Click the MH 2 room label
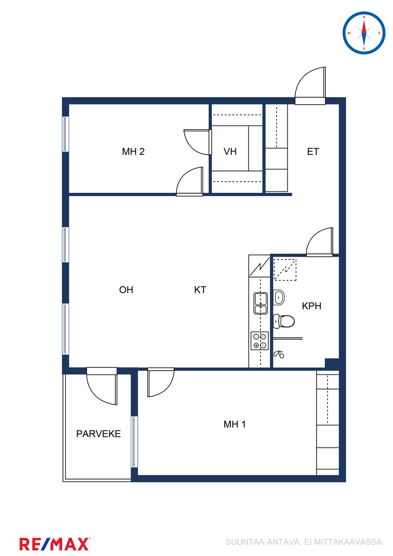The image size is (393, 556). (133, 152)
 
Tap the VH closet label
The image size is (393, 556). (230, 152)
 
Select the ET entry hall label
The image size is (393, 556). (313, 152)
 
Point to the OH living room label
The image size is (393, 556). (126, 290)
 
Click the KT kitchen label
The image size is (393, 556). (200, 290)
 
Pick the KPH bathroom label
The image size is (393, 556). (311, 306)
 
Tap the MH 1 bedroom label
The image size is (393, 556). (235, 424)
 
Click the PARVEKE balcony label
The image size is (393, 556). (98, 434)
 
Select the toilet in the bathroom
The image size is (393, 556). (284, 321)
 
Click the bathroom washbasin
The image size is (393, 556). (279, 297)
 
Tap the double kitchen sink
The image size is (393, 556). (260, 303)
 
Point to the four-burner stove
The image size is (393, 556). (260, 341)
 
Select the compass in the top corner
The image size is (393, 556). (364, 33)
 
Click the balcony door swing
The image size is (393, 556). (102, 386)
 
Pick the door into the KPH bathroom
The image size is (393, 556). (320, 242)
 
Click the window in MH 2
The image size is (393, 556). (65, 134)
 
